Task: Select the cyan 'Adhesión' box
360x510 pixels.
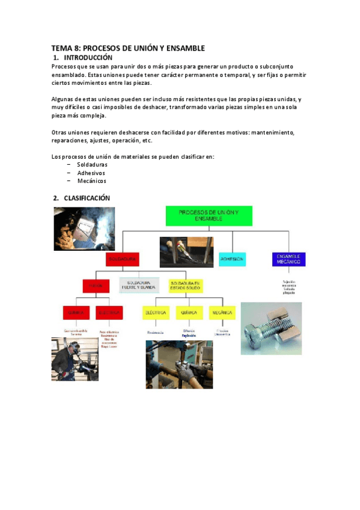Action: pos(232,259)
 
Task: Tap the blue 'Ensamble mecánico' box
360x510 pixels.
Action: pos(288,259)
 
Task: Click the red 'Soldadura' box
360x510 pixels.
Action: pos(123,259)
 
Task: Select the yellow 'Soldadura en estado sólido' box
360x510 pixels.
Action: pos(186,285)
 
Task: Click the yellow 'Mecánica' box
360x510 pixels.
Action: pos(222,313)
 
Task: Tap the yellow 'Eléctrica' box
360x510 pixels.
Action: pos(155,313)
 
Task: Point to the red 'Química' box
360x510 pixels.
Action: pos(76,313)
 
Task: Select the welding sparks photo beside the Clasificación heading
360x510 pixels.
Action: pos(76,228)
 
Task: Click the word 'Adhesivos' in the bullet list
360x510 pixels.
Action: pos(91,173)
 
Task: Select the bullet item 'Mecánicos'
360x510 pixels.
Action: pos(91,180)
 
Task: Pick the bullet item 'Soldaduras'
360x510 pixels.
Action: pos(93,165)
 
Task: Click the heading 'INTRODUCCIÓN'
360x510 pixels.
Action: pos(88,57)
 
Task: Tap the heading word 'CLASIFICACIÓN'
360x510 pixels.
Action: pos(87,198)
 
